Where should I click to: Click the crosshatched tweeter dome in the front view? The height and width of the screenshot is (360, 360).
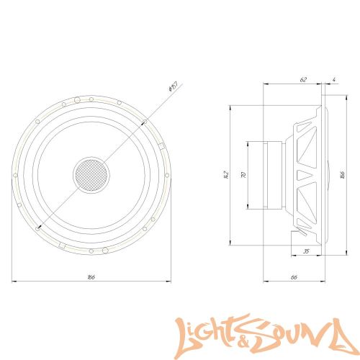coord(91,174)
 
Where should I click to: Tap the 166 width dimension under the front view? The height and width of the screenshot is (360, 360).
coord(91,277)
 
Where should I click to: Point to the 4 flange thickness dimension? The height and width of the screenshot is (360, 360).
coord(335,81)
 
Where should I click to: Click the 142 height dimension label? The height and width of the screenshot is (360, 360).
coord(225,174)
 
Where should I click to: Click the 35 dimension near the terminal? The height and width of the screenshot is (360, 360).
coord(306,252)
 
